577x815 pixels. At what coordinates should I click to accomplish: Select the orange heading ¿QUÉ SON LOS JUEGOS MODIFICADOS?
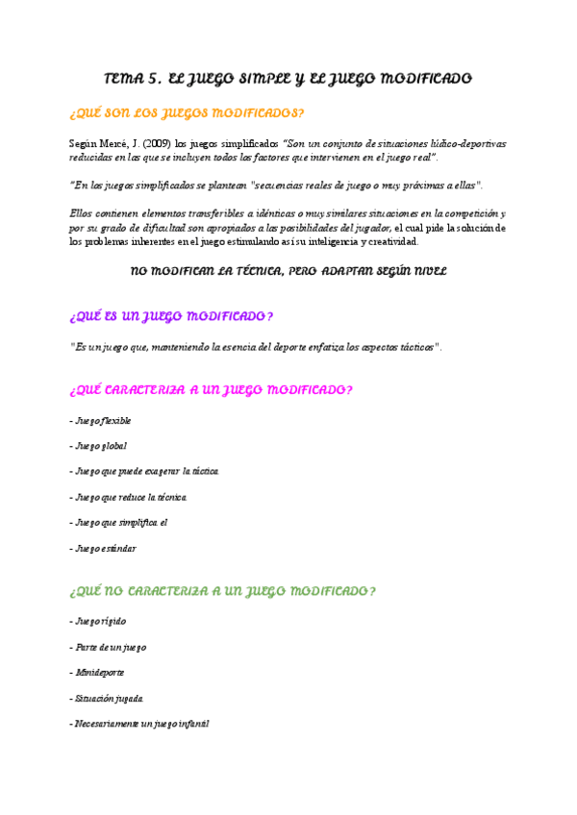point(188,113)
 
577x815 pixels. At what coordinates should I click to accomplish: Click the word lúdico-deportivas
point(466,144)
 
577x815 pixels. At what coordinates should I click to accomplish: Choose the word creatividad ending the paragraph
point(389,242)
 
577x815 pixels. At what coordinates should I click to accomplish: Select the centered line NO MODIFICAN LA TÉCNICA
point(288,272)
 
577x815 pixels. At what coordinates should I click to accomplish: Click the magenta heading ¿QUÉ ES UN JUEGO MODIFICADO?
point(172,316)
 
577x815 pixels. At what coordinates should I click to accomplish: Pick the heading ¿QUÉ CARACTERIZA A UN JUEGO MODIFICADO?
point(212,390)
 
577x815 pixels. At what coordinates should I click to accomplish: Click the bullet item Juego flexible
point(102,421)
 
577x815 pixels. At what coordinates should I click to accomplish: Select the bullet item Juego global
point(100,446)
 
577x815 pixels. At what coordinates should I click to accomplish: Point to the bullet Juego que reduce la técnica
point(130,497)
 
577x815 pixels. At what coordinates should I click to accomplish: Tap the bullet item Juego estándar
point(105,549)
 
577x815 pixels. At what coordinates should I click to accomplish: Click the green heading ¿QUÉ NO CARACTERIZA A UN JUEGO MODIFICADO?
point(223,592)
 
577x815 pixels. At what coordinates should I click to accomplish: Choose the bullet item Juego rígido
point(99,622)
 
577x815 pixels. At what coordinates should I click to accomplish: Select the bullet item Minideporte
point(98,672)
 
